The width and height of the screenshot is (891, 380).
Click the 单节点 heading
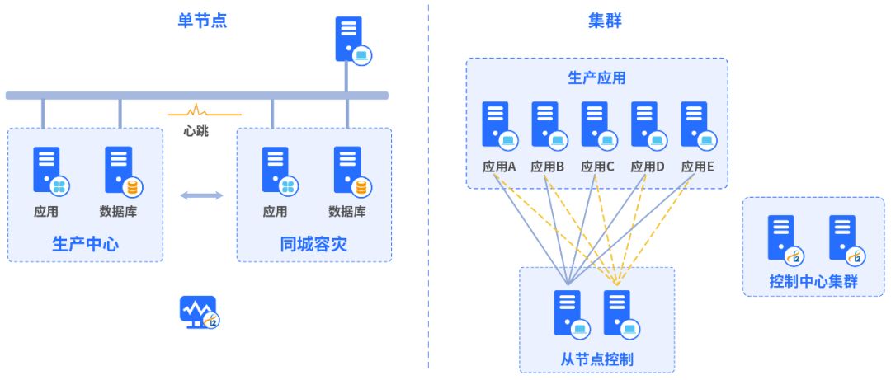(202, 21)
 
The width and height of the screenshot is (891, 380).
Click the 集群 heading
(605, 21)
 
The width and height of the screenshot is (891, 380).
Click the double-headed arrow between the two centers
(201, 195)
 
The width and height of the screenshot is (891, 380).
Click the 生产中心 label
(85, 244)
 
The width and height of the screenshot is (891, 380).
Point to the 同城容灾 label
(314, 244)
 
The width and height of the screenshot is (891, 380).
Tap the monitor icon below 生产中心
(199, 312)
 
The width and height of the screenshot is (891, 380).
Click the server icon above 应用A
(497, 124)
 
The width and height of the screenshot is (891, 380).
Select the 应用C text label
(597, 166)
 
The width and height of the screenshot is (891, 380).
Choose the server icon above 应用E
(695, 124)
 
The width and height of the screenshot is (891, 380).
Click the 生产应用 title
(596, 78)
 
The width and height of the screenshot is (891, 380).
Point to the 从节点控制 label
(596, 359)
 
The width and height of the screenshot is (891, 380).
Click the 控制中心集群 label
(813, 281)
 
